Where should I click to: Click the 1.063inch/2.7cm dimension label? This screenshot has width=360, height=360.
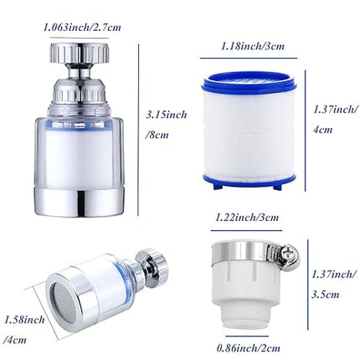[82, 27]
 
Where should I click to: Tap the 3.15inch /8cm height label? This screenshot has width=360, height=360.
[167, 125]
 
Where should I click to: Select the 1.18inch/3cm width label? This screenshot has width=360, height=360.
[253, 46]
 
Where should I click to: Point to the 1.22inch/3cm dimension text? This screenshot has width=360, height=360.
[247, 217]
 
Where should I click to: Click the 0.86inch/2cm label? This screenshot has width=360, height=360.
[249, 348]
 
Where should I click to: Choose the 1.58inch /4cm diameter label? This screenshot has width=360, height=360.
[24, 330]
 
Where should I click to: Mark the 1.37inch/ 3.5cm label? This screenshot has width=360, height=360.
[334, 285]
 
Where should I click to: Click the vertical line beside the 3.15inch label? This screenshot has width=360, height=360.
[138, 130]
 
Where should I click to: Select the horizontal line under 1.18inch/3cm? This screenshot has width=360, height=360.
[249, 58]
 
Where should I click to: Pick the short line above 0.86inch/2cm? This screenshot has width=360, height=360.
[247, 337]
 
